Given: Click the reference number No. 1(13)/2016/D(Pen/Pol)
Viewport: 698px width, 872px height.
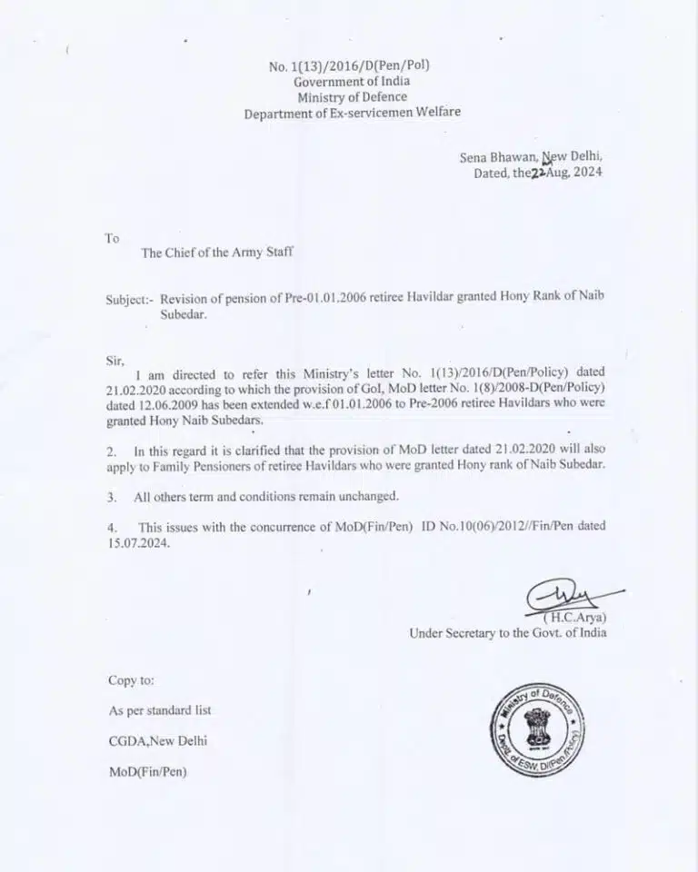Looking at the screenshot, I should pyautogui.click(x=349, y=65).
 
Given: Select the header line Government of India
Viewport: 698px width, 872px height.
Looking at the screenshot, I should pyautogui.click(x=350, y=82).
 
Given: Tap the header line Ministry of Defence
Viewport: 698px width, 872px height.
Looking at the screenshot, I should pyautogui.click(x=352, y=97).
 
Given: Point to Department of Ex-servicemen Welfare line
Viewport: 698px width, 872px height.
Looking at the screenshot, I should pyautogui.click(x=352, y=113).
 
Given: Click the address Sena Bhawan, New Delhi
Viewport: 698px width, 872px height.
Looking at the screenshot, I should pyautogui.click(x=531, y=156).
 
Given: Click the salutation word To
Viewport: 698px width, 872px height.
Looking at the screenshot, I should pyautogui.click(x=112, y=238).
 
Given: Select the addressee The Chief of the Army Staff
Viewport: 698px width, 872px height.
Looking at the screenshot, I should pyautogui.click(x=217, y=253).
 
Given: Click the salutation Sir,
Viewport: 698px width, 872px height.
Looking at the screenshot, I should pyautogui.click(x=115, y=360).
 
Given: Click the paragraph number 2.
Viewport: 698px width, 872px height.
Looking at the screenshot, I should pyautogui.click(x=111, y=451).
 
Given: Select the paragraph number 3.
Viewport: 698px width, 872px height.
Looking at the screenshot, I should pyautogui.click(x=111, y=496).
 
